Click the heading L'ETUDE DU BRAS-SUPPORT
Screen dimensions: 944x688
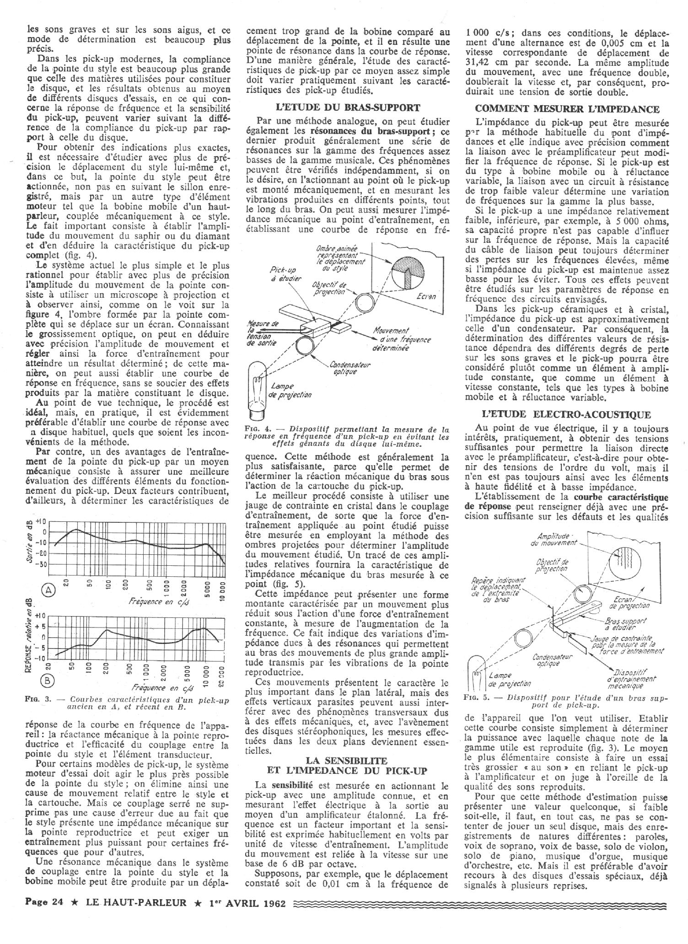[348, 108]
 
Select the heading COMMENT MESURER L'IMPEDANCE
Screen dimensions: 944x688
[567, 109]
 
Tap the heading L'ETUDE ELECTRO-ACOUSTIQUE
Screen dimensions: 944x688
[567, 415]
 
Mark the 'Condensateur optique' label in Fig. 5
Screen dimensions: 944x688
[547, 660]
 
